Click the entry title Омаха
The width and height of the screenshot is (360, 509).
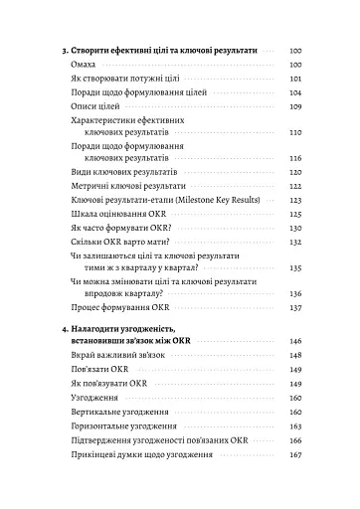coord(84,63)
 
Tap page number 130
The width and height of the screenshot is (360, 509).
coord(294,227)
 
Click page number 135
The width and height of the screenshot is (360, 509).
coord(294,267)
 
